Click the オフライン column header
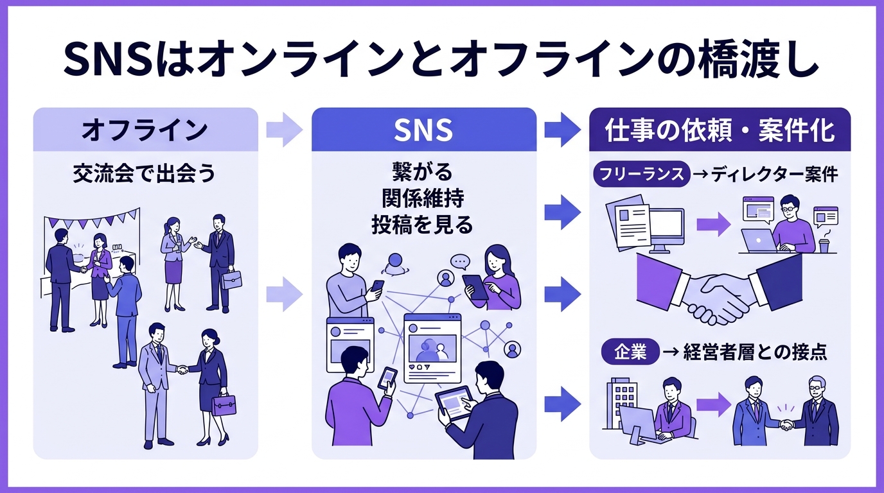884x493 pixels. click(x=145, y=130)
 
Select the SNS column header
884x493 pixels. click(x=423, y=130)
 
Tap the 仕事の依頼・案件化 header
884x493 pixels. click(x=720, y=130)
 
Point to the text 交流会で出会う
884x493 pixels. click(x=145, y=174)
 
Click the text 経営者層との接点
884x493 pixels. click(x=755, y=352)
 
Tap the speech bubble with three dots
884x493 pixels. click(x=460, y=261)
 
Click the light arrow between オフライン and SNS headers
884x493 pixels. click(x=284, y=130)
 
